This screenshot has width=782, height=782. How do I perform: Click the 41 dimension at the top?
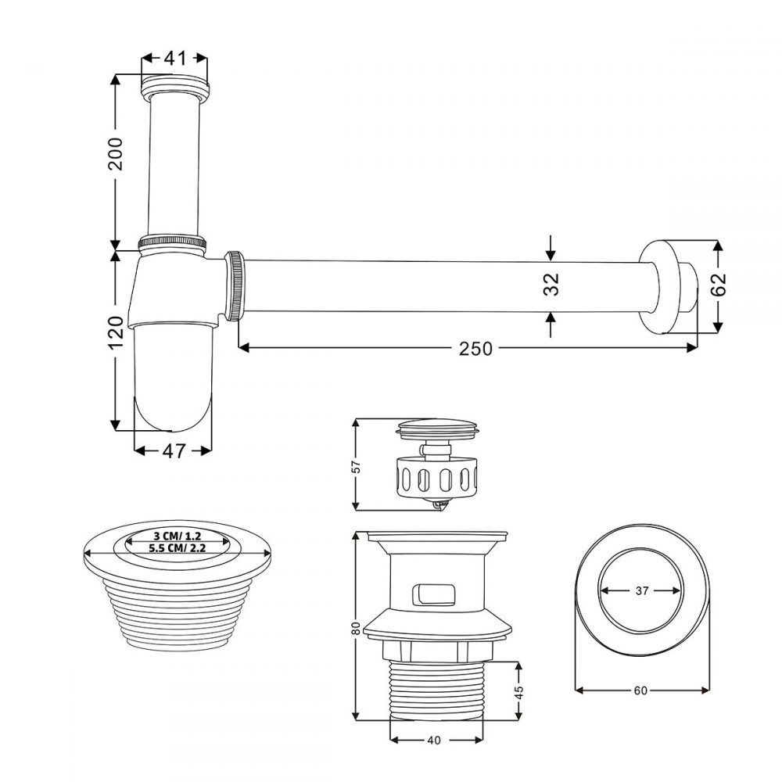175,58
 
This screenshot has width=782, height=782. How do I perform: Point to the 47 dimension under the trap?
174,451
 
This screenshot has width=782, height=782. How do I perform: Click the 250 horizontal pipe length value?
475,349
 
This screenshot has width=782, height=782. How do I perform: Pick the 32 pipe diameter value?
551,285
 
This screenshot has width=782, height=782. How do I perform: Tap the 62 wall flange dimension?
719,285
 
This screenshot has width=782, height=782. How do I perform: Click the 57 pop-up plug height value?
356,466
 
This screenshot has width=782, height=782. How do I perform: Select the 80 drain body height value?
356,628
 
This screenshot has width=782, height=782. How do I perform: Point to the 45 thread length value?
519,692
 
